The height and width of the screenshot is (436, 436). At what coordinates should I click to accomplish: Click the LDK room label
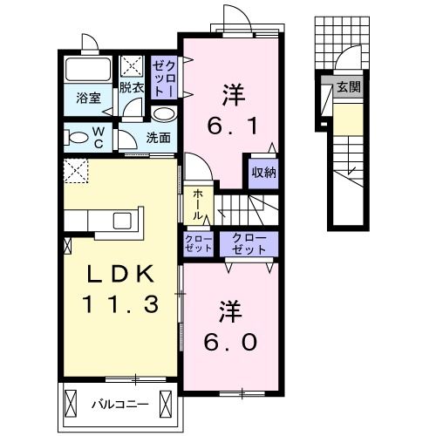tap(121, 275)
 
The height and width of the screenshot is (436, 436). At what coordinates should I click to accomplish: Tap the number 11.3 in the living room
tap(121, 304)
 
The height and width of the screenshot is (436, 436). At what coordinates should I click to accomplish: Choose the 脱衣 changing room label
tap(132, 87)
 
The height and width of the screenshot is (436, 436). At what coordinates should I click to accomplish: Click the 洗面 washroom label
tap(157, 137)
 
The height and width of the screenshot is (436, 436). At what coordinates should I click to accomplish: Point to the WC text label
tap(99, 136)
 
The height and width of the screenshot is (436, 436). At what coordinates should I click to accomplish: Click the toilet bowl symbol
tap(78, 137)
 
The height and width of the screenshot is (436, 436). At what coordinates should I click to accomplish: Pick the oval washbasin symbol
tap(163, 114)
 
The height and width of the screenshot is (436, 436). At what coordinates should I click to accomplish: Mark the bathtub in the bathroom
tap(87, 72)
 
